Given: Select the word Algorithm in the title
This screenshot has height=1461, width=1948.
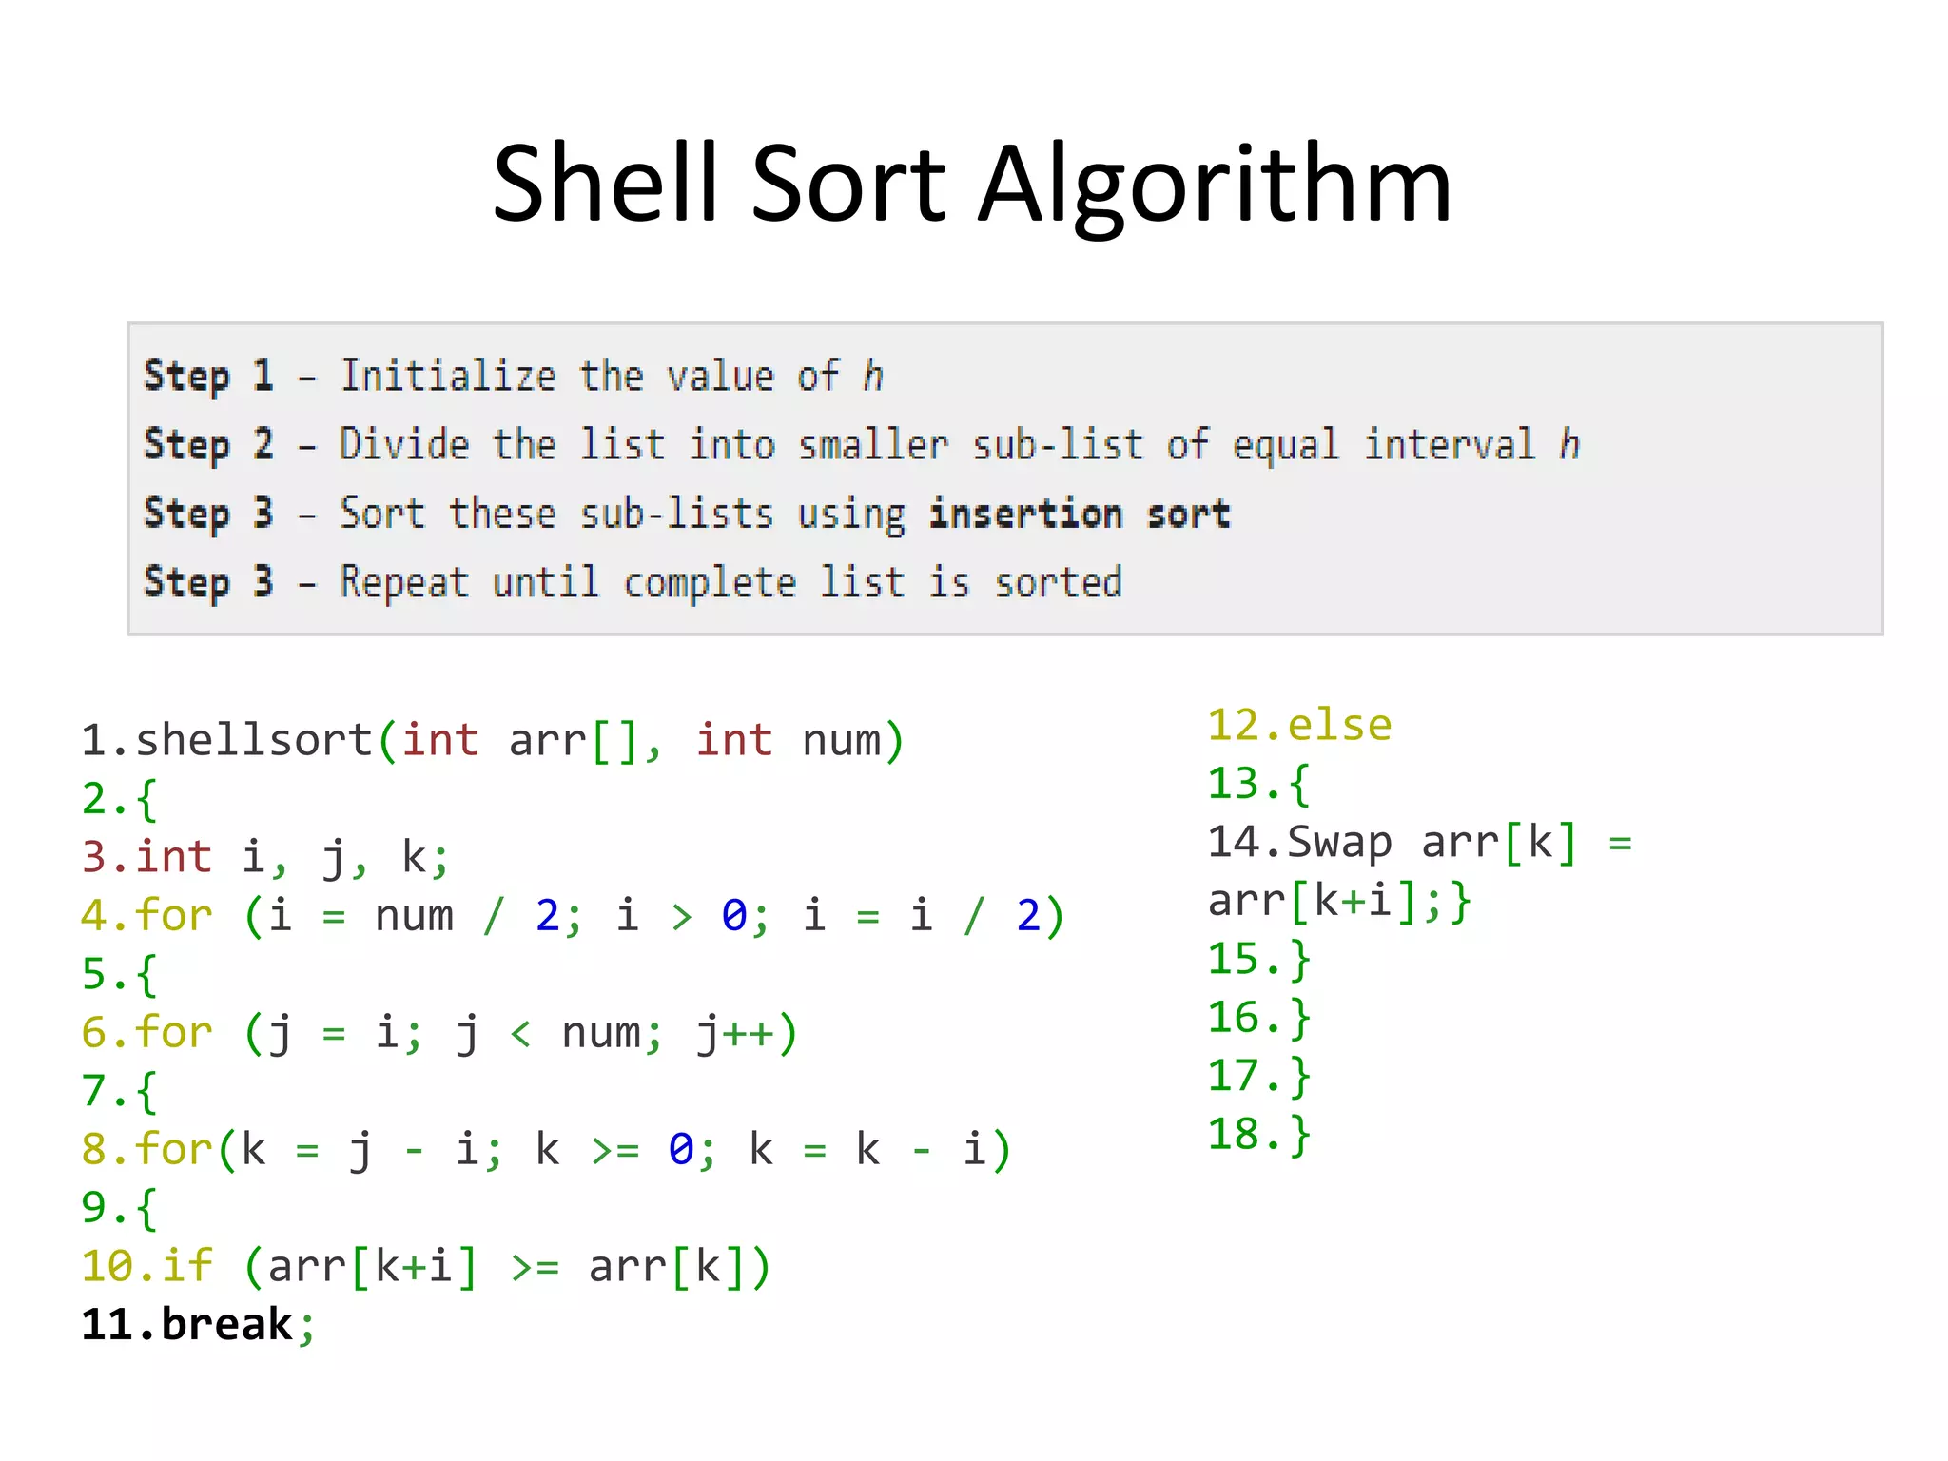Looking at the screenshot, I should click(1215, 185).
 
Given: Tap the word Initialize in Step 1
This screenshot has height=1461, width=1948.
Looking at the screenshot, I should click(448, 376).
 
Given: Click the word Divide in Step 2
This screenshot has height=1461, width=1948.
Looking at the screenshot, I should click(404, 444).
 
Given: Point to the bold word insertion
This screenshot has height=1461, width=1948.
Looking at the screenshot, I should click(1025, 514).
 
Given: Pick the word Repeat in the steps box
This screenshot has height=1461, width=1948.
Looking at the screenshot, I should click(404, 582).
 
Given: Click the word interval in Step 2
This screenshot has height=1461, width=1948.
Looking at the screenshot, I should click(1449, 444).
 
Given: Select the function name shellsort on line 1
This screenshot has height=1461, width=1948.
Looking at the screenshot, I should click(254, 740).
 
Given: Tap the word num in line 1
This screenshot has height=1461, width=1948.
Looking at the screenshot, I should click(841, 740).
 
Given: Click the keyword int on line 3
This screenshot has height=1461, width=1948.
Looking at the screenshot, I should click(173, 857).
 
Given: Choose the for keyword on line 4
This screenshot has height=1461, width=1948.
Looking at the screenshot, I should click(173, 915).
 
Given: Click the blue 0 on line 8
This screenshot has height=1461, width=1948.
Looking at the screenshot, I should click(680, 1149).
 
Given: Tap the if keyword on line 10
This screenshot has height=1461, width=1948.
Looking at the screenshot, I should click(187, 1266).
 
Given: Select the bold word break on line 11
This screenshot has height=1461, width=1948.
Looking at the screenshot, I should click(227, 1324).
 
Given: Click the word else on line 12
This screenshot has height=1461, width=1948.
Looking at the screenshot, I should click(1339, 726).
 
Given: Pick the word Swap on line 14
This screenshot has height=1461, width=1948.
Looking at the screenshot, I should click(1339, 843).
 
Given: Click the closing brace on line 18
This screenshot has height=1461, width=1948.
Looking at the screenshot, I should click(1300, 1135).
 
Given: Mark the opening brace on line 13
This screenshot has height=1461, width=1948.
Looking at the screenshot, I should click(1300, 785).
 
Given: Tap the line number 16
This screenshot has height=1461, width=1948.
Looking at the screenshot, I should click(1234, 1018).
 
